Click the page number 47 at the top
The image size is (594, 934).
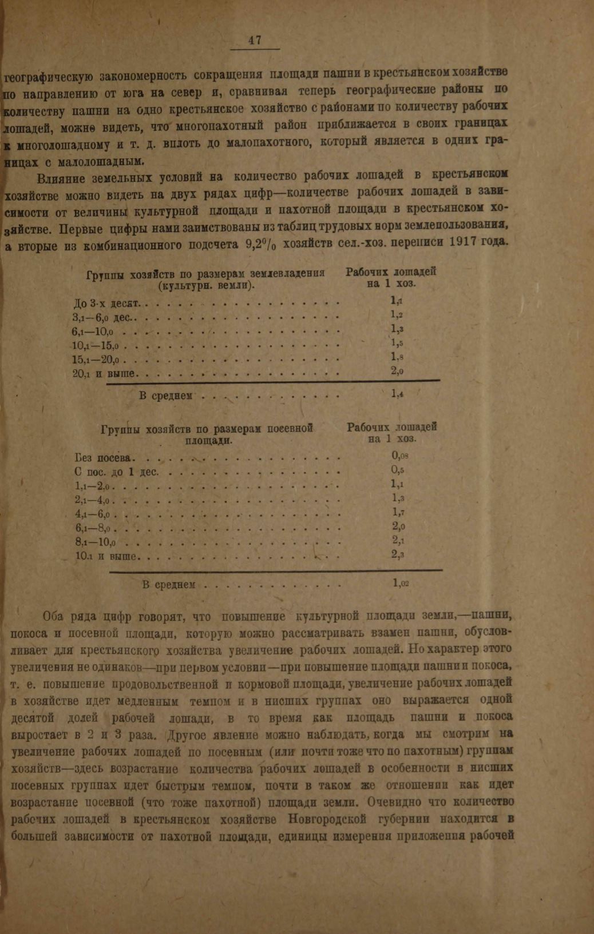click(255, 40)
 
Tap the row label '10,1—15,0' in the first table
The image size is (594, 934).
click(95, 346)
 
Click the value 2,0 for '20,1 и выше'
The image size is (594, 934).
click(397, 372)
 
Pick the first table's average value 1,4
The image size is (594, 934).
click(397, 394)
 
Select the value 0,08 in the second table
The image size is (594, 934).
click(399, 456)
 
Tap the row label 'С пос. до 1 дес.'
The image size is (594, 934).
click(116, 473)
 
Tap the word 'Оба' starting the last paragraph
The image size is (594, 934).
click(55, 616)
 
